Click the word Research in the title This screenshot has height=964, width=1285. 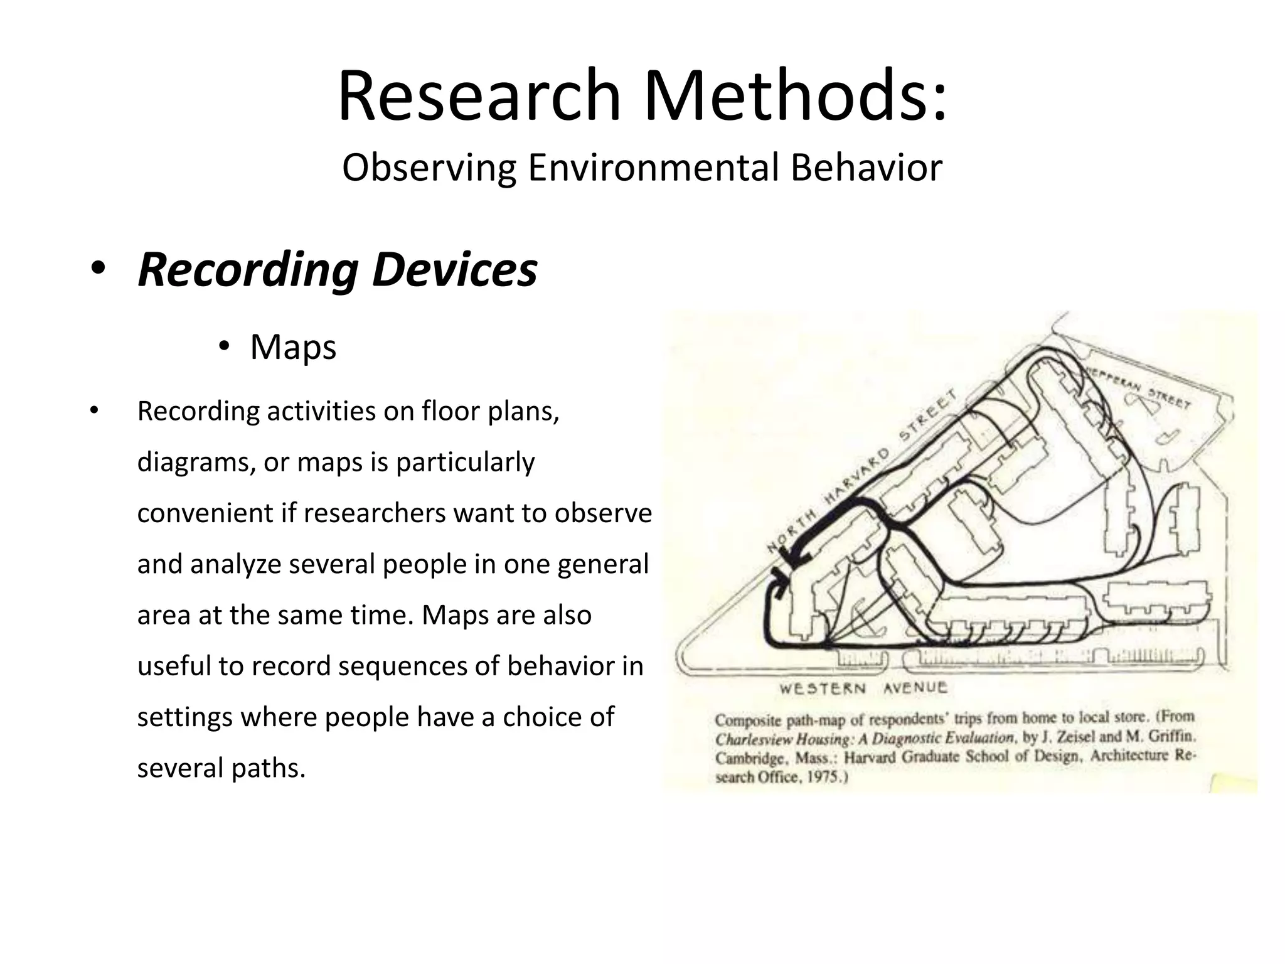tap(479, 96)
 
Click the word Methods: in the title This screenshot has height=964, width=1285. tap(795, 96)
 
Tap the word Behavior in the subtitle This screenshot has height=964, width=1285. tap(866, 168)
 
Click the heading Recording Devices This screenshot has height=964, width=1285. tap(338, 270)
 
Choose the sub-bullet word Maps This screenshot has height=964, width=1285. tap(293, 347)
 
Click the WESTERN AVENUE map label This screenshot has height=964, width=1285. tap(863, 688)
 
